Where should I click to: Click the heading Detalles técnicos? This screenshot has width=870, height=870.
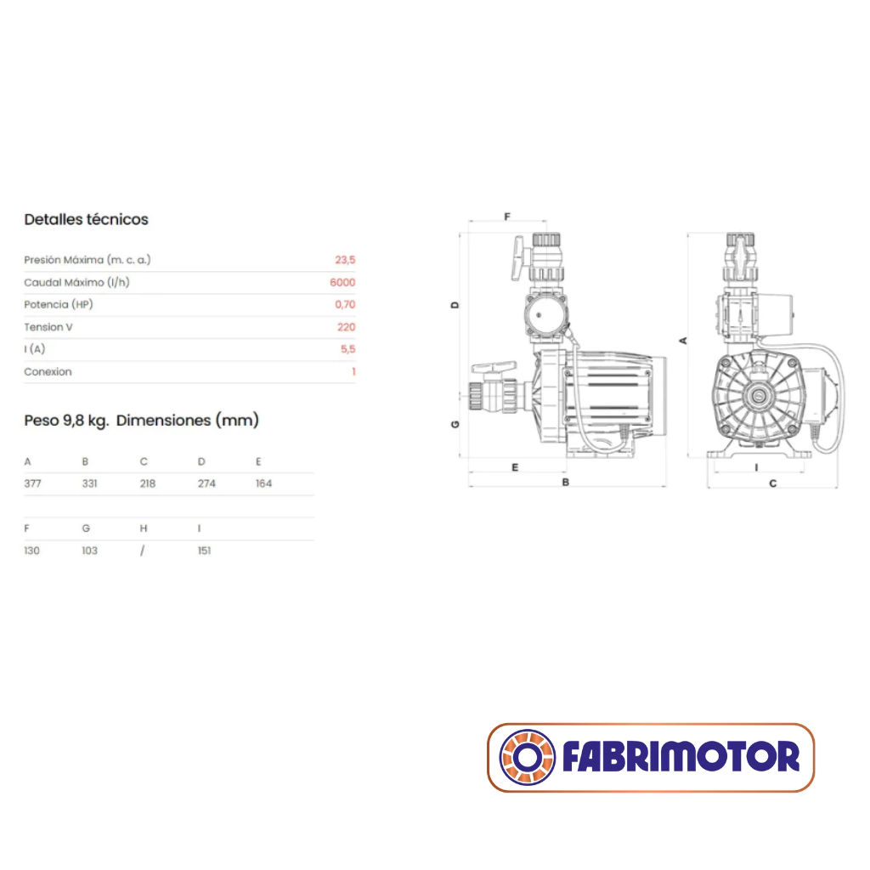[x=86, y=220]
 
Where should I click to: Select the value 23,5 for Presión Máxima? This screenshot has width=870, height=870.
[x=345, y=260]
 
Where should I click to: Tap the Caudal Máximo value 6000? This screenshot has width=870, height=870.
[x=342, y=282]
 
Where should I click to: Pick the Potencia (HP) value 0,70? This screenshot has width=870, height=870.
[x=345, y=305]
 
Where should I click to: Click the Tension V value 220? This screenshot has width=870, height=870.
[x=347, y=327]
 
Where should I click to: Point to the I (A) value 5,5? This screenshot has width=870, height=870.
[x=347, y=349]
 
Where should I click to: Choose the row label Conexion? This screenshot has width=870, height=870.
[x=48, y=372]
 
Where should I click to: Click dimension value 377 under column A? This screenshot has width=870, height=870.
[x=33, y=483]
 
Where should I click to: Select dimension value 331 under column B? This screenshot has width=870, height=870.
[x=90, y=483]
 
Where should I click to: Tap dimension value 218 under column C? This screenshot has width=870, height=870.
[x=148, y=483]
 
